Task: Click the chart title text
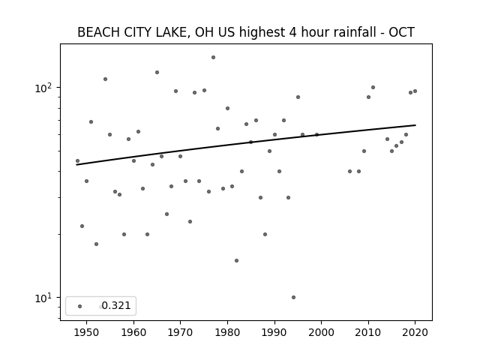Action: [x=246, y=32]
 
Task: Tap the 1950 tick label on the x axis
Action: [x=87, y=332]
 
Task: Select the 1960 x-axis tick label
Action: [x=133, y=332]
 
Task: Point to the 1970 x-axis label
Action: [x=180, y=332]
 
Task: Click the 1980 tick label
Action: [x=227, y=332]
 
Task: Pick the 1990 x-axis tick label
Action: [x=274, y=332]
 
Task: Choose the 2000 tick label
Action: [x=322, y=332]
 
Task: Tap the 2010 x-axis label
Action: [x=368, y=332]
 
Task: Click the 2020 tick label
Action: [x=415, y=332]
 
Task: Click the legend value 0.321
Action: [x=116, y=305]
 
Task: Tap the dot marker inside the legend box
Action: [x=80, y=306]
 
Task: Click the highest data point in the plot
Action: [x=213, y=57]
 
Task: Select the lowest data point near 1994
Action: [x=293, y=297]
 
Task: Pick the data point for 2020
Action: [x=415, y=91]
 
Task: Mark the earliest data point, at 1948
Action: [x=77, y=160]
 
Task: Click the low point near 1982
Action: [x=237, y=260]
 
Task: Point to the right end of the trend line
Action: [x=415, y=125]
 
